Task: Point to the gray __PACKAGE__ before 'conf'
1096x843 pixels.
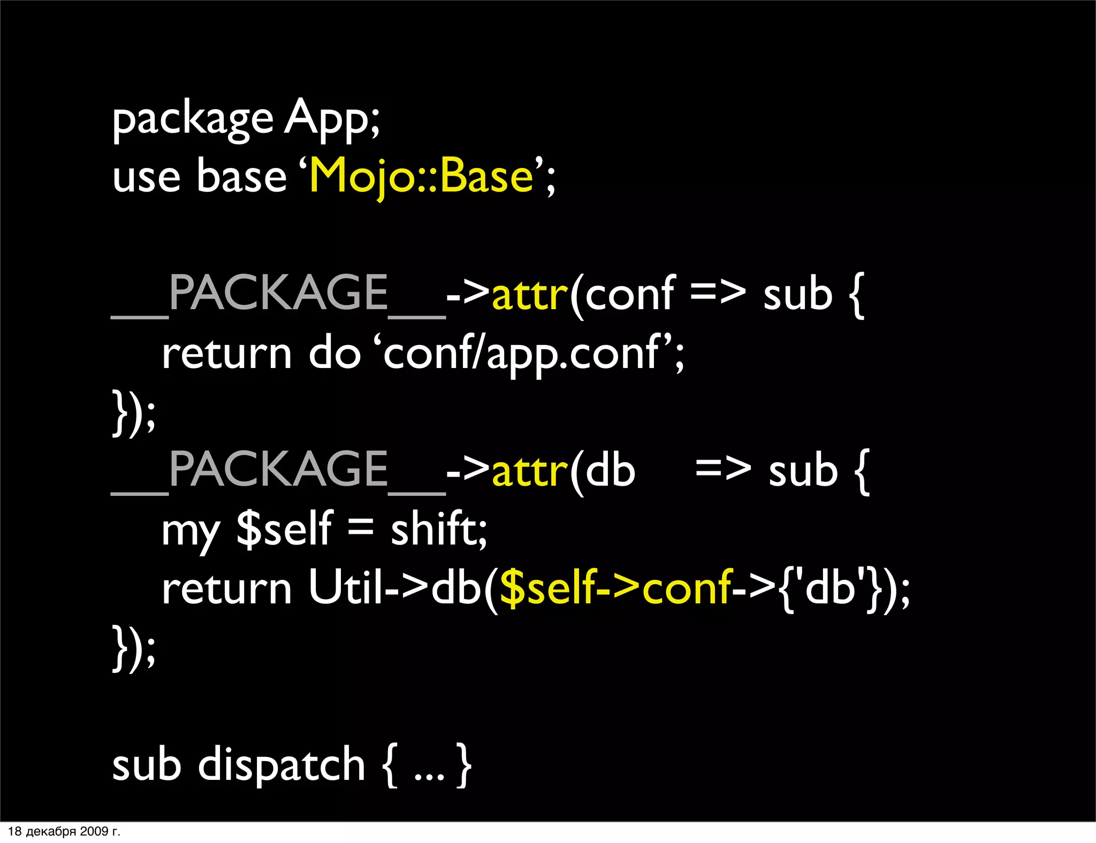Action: coord(278,294)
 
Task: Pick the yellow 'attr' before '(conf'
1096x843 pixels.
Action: coord(529,295)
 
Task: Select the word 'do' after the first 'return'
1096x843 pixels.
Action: coord(335,354)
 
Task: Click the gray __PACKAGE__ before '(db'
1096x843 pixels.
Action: coord(278,471)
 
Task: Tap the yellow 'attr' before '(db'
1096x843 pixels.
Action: coord(529,472)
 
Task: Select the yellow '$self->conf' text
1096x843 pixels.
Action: coord(615,588)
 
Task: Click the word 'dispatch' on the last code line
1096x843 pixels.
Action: coord(281,765)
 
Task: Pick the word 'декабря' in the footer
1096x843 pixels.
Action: coord(51,832)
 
